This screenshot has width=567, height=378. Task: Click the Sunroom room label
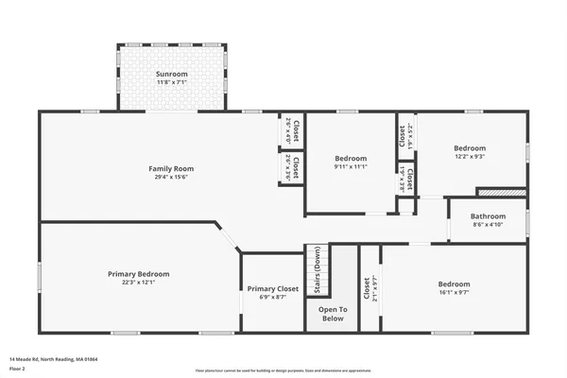point(172,73)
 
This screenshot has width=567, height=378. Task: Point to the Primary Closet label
point(273,288)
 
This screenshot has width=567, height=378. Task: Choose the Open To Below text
point(332,314)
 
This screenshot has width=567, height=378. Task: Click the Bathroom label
point(488,216)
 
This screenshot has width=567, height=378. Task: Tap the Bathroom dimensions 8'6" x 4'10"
point(488,225)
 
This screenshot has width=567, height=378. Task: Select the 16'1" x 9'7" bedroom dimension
point(454,293)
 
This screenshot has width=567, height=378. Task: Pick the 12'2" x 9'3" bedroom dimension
point(470,157)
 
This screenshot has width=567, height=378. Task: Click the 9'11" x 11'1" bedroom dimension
point(351,166)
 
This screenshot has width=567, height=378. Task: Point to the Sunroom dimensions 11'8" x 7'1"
point(172,82)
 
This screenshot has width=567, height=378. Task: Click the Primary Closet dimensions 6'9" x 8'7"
point(273,298)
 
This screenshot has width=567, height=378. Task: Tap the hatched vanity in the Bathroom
point(510,192)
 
